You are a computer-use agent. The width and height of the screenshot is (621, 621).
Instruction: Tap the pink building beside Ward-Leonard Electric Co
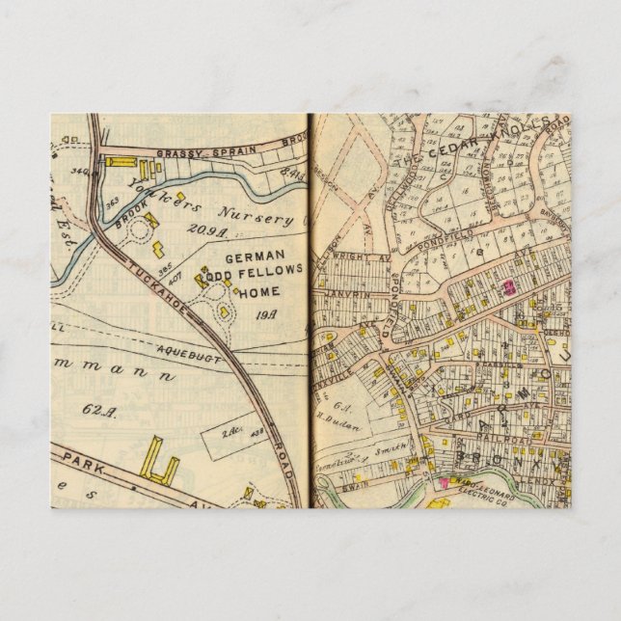click(445, 481)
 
